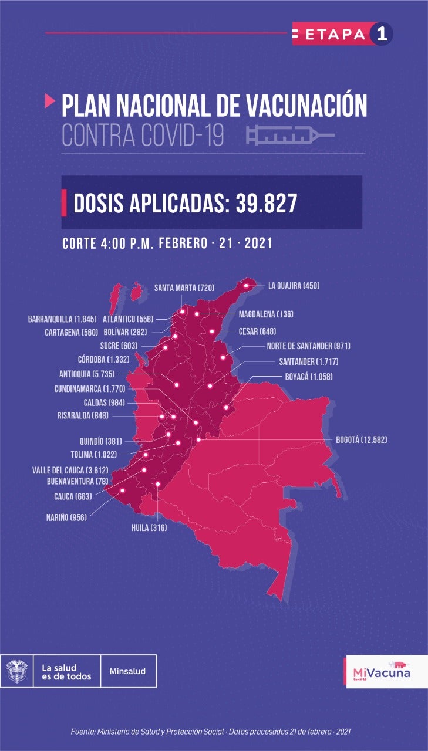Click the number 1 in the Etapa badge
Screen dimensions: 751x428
(x=381, y=34)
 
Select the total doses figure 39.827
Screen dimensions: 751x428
(x=267, y=203)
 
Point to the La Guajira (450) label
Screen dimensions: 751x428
(x=294, y=286)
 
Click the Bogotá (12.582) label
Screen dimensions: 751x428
(x=361, y=439)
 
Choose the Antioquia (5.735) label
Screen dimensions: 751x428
(x=87, y=374)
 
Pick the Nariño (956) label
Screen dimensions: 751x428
(x=66, y=517)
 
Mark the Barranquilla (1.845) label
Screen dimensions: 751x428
(x=62, y=320)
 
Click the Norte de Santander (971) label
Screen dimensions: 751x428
(x=308, y=346)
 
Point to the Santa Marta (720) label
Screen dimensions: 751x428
(x=184, y=287)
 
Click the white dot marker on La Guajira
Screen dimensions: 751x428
(x=247, y=286)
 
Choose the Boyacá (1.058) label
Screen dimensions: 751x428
(x=308, y=377)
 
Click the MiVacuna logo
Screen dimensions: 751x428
(x=382, y=671)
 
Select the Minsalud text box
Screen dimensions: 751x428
(x=128, y=671)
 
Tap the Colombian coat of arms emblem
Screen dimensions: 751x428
(x=16, y=671)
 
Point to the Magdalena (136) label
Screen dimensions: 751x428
(x=266, y=314)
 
